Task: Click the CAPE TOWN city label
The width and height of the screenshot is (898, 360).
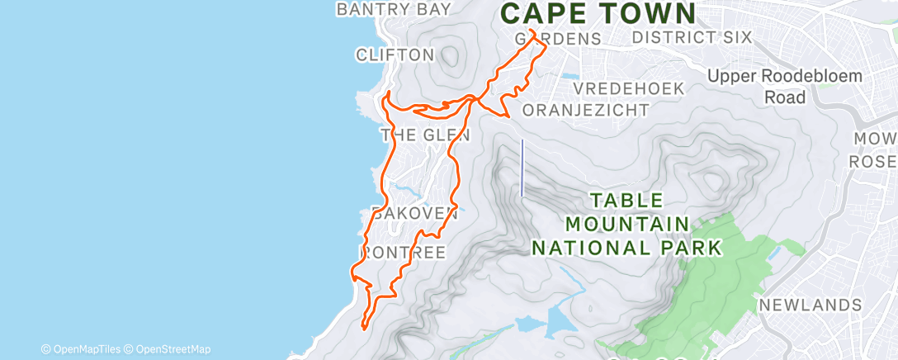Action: pos(598,13)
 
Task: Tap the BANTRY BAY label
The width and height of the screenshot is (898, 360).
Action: pos(395,9)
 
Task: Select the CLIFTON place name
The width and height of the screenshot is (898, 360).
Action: pos(395,55)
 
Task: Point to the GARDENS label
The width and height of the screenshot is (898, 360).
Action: pos(557,39)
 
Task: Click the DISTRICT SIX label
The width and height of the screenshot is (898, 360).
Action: pos(692,37)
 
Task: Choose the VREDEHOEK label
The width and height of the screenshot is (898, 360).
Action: pos(629,88)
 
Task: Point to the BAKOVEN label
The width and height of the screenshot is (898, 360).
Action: pos(414,214)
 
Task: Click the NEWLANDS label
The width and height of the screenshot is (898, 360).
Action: pos(810,305)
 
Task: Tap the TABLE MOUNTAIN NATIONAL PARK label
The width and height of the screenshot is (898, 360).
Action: pos(626,224)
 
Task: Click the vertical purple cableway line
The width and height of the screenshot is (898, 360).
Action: pos(522,168)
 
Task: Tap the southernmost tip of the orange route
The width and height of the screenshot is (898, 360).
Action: pos(364,328)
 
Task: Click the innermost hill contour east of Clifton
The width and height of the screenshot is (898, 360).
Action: pos(451,54)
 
